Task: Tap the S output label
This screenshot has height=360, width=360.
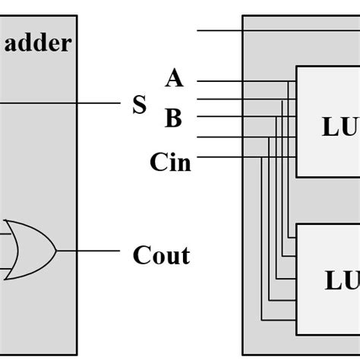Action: (x=139, y=105)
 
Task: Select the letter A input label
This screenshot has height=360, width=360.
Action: (x=175, y=78)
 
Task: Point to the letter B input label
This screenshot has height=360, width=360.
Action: (x=173, y=118)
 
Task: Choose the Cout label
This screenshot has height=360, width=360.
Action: (x=161, y=255)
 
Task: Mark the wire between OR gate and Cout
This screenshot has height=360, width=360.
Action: (x=87, y=251)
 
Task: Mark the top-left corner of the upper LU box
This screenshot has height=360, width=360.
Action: (x=296, y=67)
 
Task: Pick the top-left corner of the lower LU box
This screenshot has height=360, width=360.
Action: (x=296, y=224)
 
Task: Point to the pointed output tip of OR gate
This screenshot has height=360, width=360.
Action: (x=57, y=251)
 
